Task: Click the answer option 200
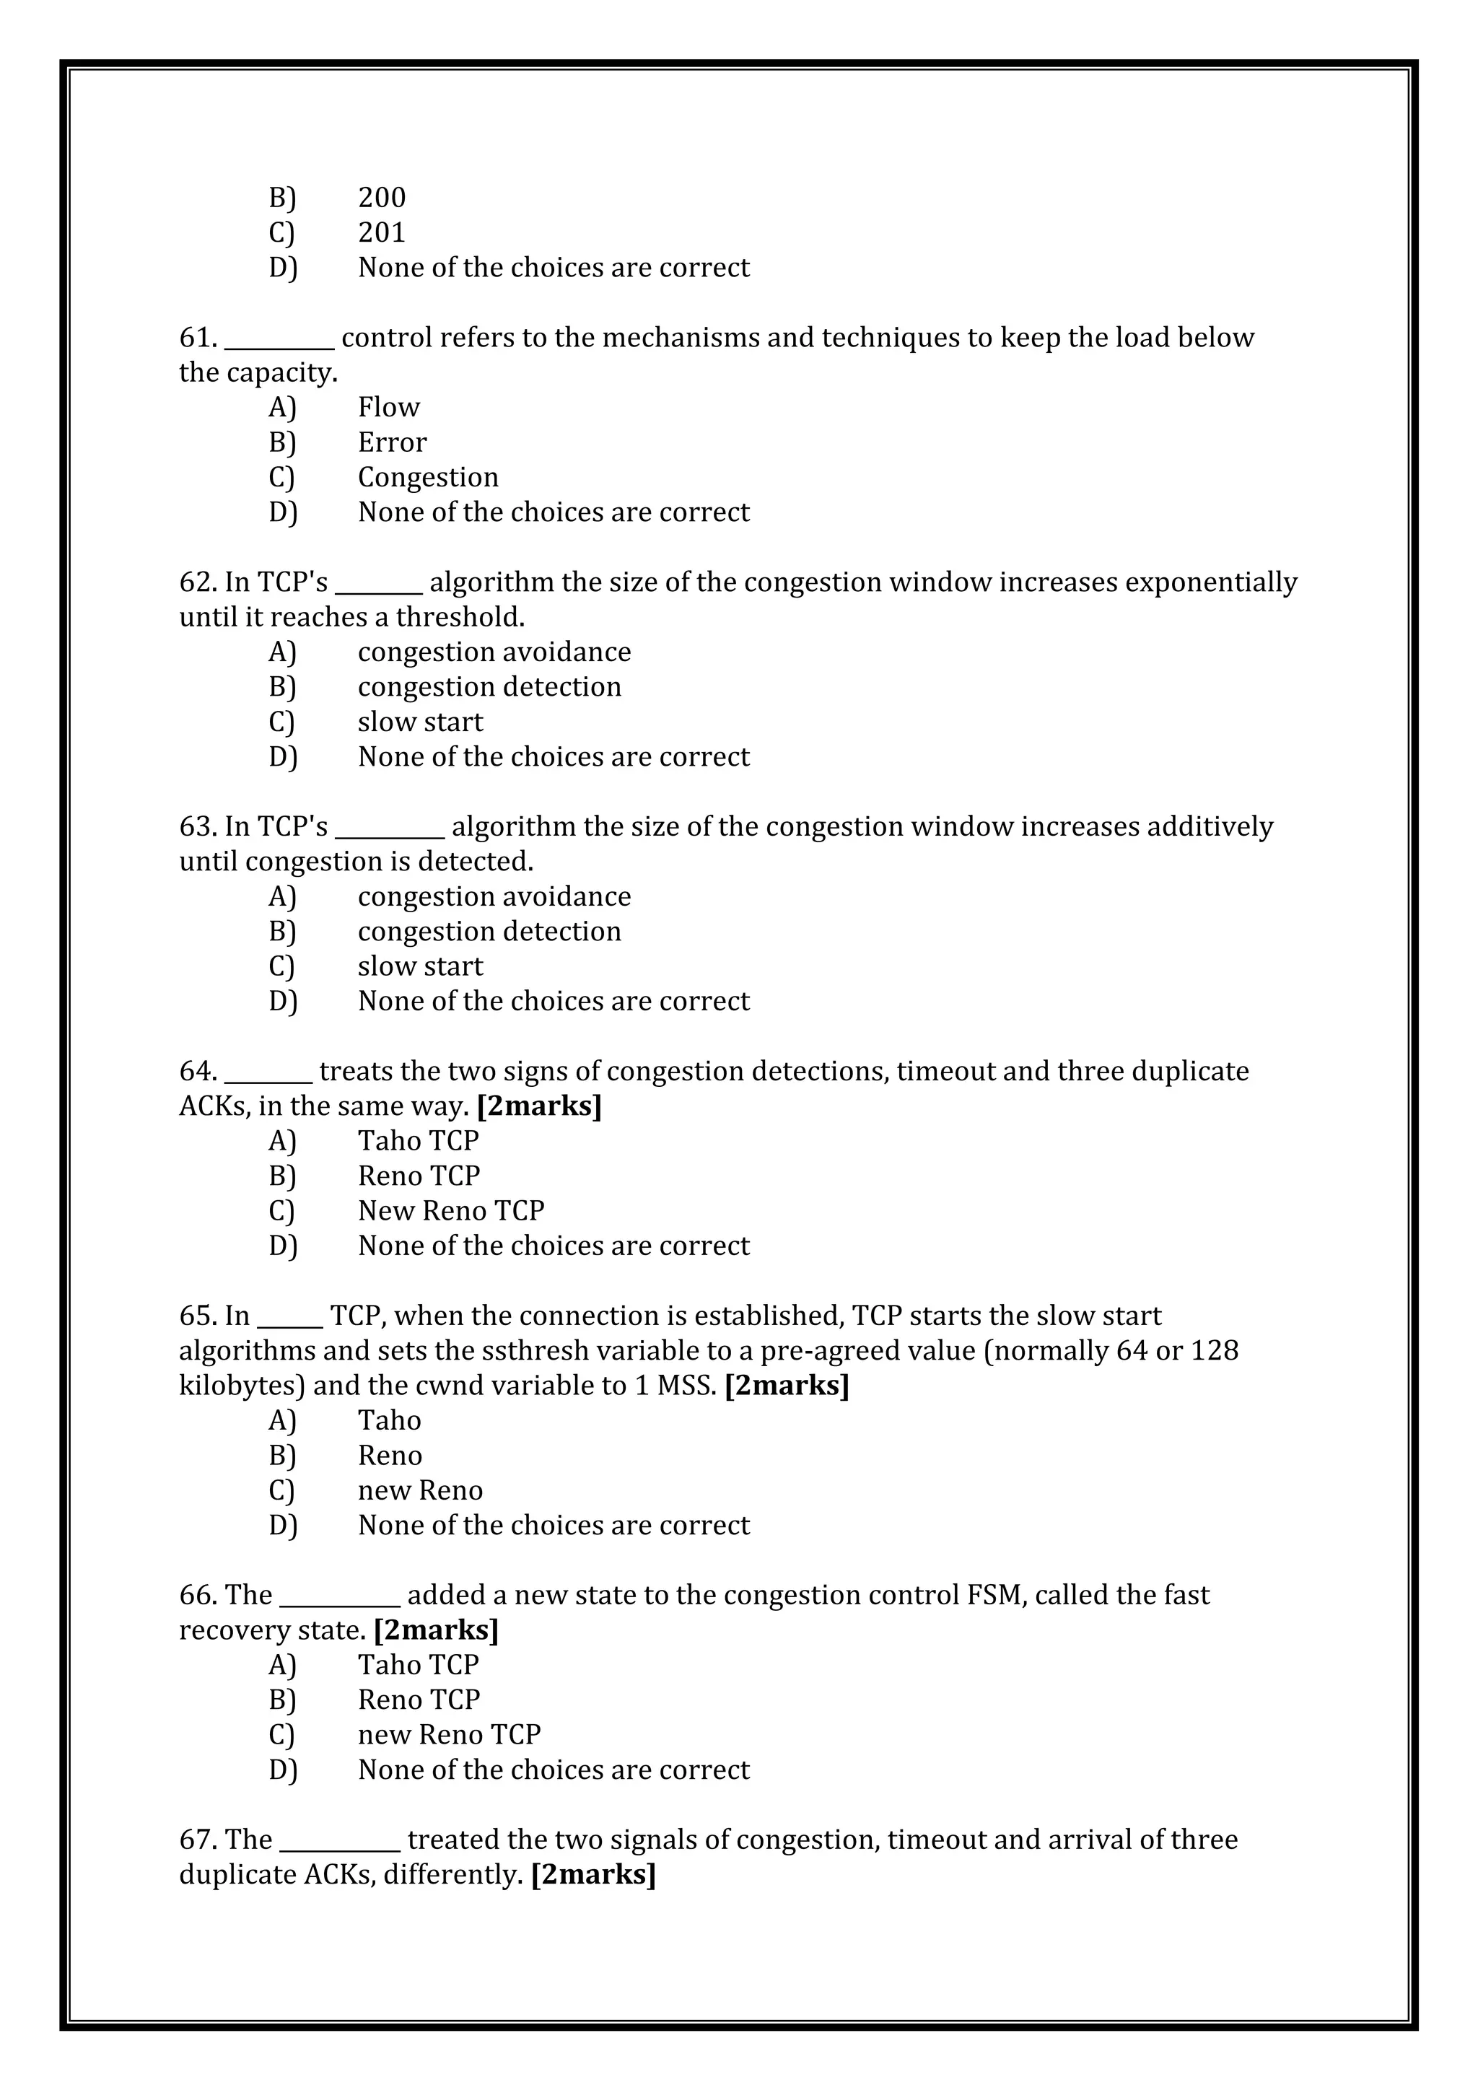click(x=381, y=198)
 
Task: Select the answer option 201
click(x=381, y=233)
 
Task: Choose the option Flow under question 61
click(x=388, y=407)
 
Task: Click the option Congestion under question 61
click(x=428, y=477)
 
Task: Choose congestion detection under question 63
click(x=489, y=931)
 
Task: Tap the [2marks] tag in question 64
click(x=539, y=1106)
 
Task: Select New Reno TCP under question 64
click(x=450, y=1211)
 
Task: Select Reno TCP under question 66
click(x=419, y=1700)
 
